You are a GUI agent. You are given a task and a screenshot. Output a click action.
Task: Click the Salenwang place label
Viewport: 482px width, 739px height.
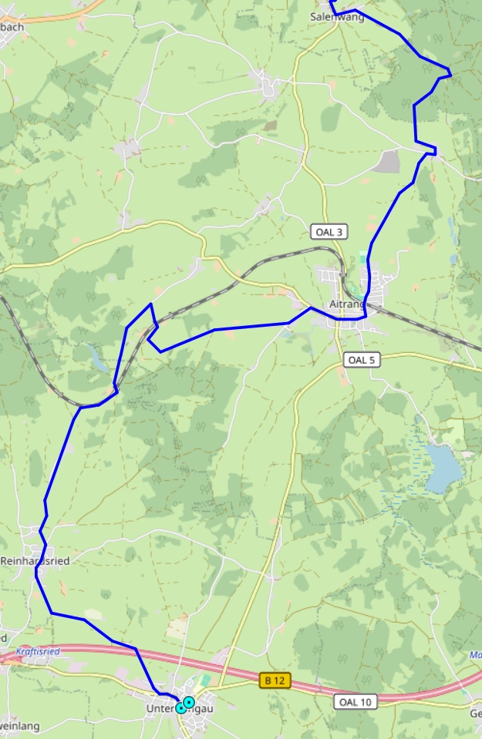(337, 16)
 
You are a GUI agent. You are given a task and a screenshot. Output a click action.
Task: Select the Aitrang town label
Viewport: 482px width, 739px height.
(345, 304)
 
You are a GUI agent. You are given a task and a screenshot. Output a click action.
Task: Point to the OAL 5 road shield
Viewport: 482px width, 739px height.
(362, 359)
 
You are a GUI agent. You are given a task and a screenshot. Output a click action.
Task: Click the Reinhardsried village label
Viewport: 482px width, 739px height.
(35, 561)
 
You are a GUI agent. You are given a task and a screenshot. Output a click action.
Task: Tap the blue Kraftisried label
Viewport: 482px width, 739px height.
(38, 651)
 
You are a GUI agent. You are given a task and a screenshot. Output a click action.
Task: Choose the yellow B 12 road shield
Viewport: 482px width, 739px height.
(275, 680)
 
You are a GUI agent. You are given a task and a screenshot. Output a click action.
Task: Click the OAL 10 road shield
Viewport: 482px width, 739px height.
(356, 701)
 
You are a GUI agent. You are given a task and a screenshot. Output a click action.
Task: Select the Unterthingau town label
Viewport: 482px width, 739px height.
(180, 707)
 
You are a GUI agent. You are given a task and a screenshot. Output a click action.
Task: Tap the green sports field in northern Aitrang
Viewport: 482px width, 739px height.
(363, 259)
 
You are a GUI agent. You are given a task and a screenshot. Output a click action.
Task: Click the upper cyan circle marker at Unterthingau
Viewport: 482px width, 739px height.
(189, 702)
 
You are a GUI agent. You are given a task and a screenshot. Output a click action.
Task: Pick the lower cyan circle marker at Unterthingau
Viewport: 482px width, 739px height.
(181, 708)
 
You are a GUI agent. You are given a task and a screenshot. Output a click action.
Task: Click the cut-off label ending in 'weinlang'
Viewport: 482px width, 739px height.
(19, 726)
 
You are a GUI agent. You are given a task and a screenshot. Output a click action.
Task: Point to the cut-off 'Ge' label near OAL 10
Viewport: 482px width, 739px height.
(475, 713)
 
